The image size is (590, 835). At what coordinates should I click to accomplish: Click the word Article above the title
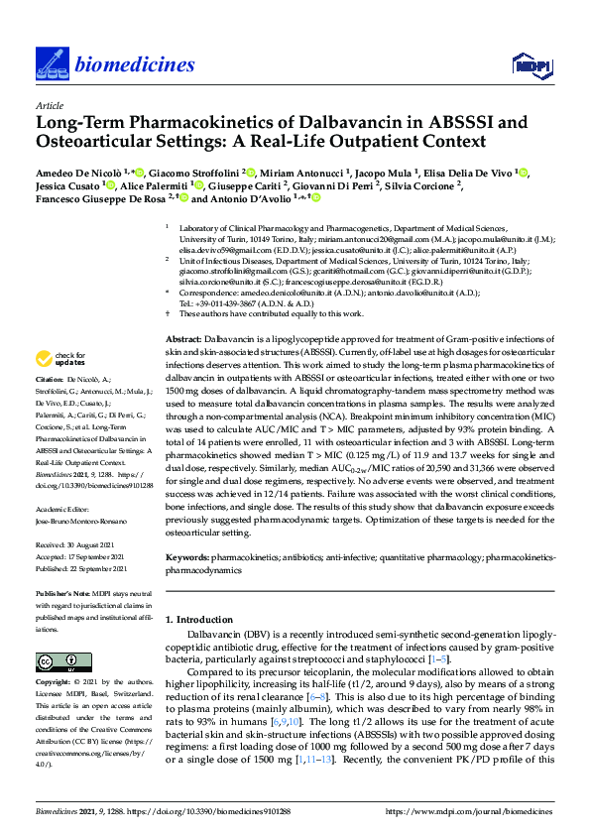49,105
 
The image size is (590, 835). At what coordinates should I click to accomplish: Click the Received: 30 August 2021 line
76,545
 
